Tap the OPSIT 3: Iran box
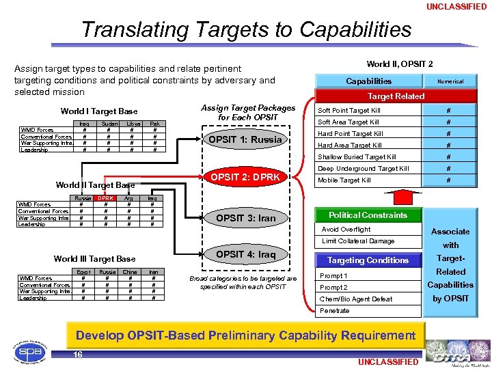[245, 219]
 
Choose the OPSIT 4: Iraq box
[245, 255]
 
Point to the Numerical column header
[450, 81]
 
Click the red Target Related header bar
[396, 96]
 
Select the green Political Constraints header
[368, 215]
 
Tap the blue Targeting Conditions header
[368, 260]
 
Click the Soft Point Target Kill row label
[349, 111]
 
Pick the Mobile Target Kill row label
[344, 180]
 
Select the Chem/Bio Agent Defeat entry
[356, 299]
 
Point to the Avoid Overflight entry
[346, 230]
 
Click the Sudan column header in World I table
[108, 124]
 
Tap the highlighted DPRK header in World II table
[105, 198]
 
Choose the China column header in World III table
[130, 272]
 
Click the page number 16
[78, 355]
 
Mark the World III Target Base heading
[94, 259]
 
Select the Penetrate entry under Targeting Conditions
[334, 311]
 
